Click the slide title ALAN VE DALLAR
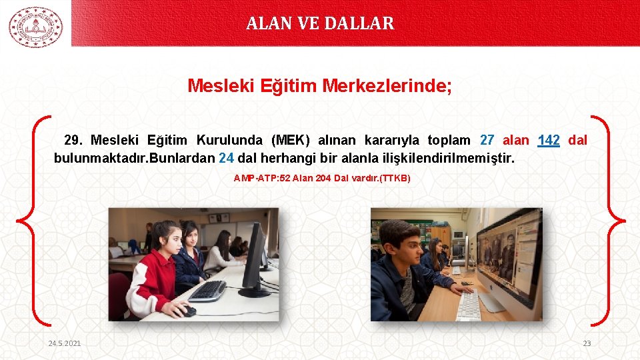(x=320, y=23)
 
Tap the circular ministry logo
(x=35, y=27)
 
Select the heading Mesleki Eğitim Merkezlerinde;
(x=319, y=86)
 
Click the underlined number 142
(x=548, y=141)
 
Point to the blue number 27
(x=487, y=141)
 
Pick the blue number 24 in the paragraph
(x=226, y=159)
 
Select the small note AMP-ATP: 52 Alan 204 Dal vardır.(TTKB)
(x=322, y=178)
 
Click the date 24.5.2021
(x=65, y=343)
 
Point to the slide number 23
(x=587, y=343)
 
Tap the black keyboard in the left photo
(x=207, y=291)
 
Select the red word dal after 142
(x=577, y=141)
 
